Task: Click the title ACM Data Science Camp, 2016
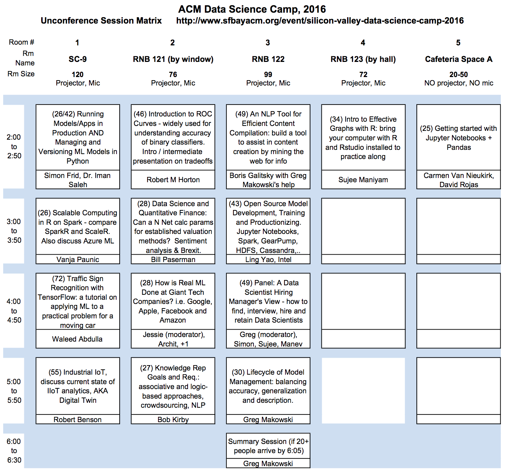pyautogui.click(x=252, y=9)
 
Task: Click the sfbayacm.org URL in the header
pyautogui.click(x=320, y=21)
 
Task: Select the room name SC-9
pyautogui.click(x=78, y=59)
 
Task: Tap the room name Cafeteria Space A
pyautogui.click(x=459, y=59)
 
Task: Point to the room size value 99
pyautogui.click(x=268, y=75)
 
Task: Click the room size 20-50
pyautogui.click(x=459, y=75)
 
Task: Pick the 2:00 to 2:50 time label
pyautogui.click(x=14, y=147)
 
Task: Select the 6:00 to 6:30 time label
pyautogui.click(x=14, y=451)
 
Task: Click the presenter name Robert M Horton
pyautogui.click(x=173, y=180)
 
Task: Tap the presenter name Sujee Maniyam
pyautogui.click(x=363, y=180)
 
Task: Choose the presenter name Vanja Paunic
pyautogui.click(x=78, y=260)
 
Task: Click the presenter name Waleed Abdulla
pyautogui.click(x=77, y=339)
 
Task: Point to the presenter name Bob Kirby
pyautogui.click(x=173, y=419)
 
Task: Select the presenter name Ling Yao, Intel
pyautogui.click(x=268, y=260)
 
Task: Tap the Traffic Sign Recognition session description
pyautogui.click(x=78, y=301)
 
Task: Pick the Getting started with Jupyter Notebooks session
pyautogui.click(x=459, y=138)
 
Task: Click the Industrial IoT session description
pyautogui.click(x=78, y=386)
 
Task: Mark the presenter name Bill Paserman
pyautogui.click(x=173, y=260)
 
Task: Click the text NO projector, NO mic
pyautogui.click(x=459, y=83)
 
